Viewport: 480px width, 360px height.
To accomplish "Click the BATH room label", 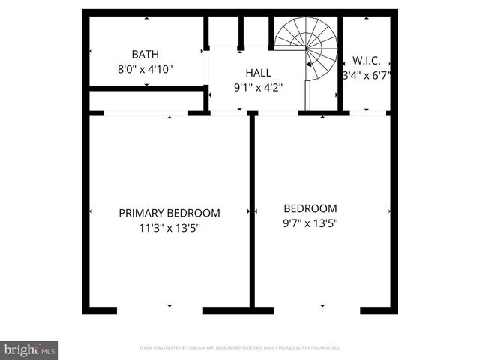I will click(x=145, y=54).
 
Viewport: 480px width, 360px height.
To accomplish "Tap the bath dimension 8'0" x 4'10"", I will click(x=145, y=69).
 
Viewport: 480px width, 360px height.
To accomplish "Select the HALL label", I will click(x=258, y=73).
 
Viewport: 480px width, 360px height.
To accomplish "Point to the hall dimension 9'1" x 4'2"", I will click(x=258, y=87).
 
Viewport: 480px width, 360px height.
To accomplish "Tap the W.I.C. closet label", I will click(x=367, y=60).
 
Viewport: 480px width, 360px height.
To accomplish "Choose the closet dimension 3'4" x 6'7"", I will click(x=367, y=75).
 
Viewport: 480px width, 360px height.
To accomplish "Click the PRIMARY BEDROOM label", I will click(x=169, y=213).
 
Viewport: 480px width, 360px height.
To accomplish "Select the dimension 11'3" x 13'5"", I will click(x=169, y=227).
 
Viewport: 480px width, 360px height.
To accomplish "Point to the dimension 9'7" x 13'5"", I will click(x=310, y=223).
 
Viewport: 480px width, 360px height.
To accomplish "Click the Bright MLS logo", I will click(x=29, y=349).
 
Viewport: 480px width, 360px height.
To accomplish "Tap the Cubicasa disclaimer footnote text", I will click(x=240, y=348).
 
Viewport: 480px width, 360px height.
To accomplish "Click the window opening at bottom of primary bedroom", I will click(x=160, y=310).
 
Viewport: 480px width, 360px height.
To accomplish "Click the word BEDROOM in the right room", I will click(x=310, y=208).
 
